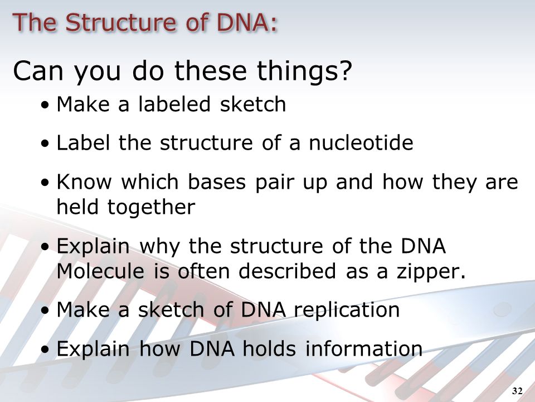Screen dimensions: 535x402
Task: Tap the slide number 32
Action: pos(517,391)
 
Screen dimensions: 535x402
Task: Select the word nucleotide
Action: pos(361,142)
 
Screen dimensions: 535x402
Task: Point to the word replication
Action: pos(347,310)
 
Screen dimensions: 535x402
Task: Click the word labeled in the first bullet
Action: pos(174,104)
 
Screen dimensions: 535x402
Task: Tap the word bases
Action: pos(217,181)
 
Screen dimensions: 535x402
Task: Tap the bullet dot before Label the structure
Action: pos(45,144)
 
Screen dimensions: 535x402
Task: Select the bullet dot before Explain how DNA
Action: pos(45,350)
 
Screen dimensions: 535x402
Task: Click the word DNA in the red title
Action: pos(247,22)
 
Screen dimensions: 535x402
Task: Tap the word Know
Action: pos(84,181)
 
